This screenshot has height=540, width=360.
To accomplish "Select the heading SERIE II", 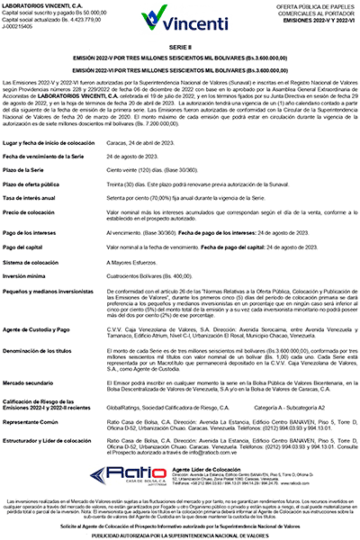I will click(180, 45).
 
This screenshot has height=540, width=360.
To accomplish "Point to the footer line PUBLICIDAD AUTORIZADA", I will click(180, 534).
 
